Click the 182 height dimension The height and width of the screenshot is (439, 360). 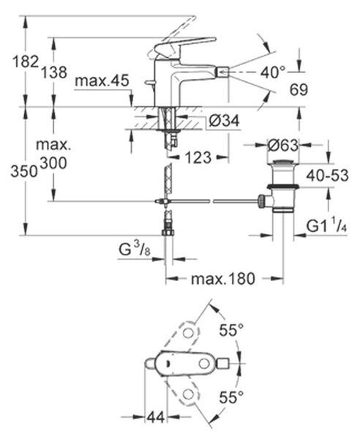pos(25,61)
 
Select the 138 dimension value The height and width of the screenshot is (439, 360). pos(54,72)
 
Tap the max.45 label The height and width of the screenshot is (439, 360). pos(102,80)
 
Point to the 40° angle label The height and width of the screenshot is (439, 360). pos(273,72)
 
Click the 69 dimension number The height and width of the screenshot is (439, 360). pos(299,89)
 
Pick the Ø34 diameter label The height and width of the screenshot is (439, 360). pos(225,121)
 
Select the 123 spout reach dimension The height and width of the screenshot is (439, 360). pos(198,157)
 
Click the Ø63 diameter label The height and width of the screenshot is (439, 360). pos(283,145)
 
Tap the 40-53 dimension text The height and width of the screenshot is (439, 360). pos(327,176)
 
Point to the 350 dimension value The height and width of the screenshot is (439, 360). pos(24,171)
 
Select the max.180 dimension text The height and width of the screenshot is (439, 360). pos(223,279)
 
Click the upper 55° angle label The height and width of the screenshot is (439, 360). pos(231,330)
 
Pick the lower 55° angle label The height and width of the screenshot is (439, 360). pos(231,397)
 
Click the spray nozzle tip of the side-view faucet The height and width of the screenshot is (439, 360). pos(223,73)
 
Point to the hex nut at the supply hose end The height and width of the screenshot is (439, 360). pos(168,232)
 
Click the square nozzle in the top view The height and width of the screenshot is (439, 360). pos(223,364)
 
